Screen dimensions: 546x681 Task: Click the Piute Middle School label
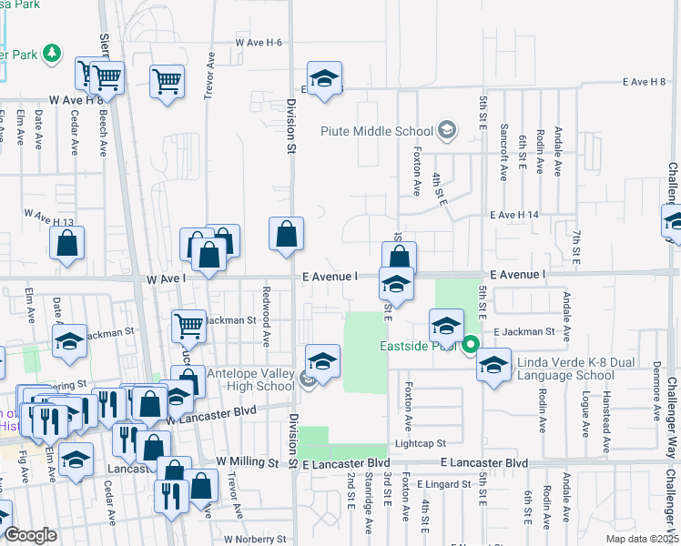377,131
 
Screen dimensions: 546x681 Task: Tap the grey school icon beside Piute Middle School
446,131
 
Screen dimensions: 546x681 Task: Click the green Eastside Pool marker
471,345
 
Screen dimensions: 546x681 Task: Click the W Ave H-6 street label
259,43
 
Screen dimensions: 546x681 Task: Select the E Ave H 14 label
515,215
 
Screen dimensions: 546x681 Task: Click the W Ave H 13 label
49,216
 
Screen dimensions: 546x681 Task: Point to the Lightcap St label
419,443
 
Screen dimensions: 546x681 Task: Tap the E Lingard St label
445,484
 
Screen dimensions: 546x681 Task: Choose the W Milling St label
246,462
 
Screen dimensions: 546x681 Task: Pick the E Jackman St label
523,332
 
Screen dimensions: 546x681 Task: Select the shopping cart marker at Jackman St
188,325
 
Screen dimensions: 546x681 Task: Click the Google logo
30,535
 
